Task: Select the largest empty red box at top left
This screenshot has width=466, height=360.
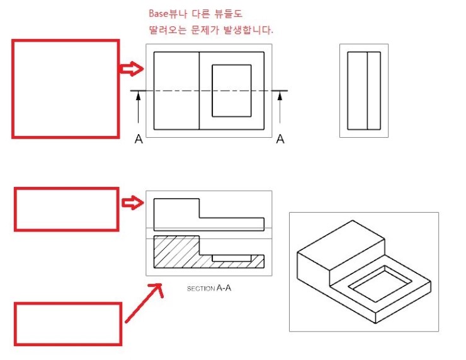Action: point(65,89)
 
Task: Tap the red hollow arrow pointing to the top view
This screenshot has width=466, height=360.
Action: point(132,68)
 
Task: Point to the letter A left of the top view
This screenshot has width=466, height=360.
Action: point(139,139)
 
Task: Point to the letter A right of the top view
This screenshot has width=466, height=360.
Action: point(280,139)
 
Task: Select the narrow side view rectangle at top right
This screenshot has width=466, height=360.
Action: point(364,91)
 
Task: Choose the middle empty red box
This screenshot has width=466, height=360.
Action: point(66,209)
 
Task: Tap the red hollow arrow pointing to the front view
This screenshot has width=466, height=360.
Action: point(132,203)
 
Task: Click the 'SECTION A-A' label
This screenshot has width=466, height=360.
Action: point(209,288)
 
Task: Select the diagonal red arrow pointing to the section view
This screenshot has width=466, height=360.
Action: point(143,303)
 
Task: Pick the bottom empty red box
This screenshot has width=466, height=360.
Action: point(68,323)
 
